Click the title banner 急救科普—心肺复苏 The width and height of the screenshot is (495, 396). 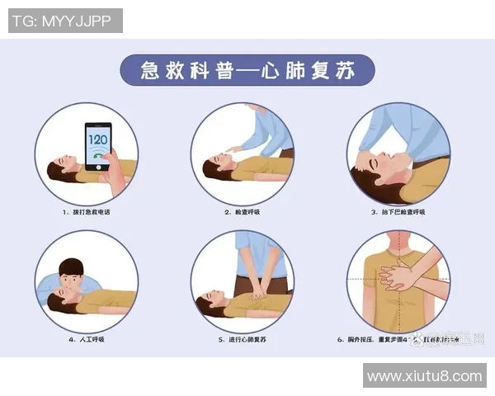(247, 70)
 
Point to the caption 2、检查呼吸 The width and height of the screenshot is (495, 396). (243, 212)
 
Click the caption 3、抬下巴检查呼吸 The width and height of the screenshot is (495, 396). (399, 212)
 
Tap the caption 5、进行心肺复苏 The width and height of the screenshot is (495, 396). (243, 339)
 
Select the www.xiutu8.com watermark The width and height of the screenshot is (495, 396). (424, 376)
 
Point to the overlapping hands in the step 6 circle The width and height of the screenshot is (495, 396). (405, 276)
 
